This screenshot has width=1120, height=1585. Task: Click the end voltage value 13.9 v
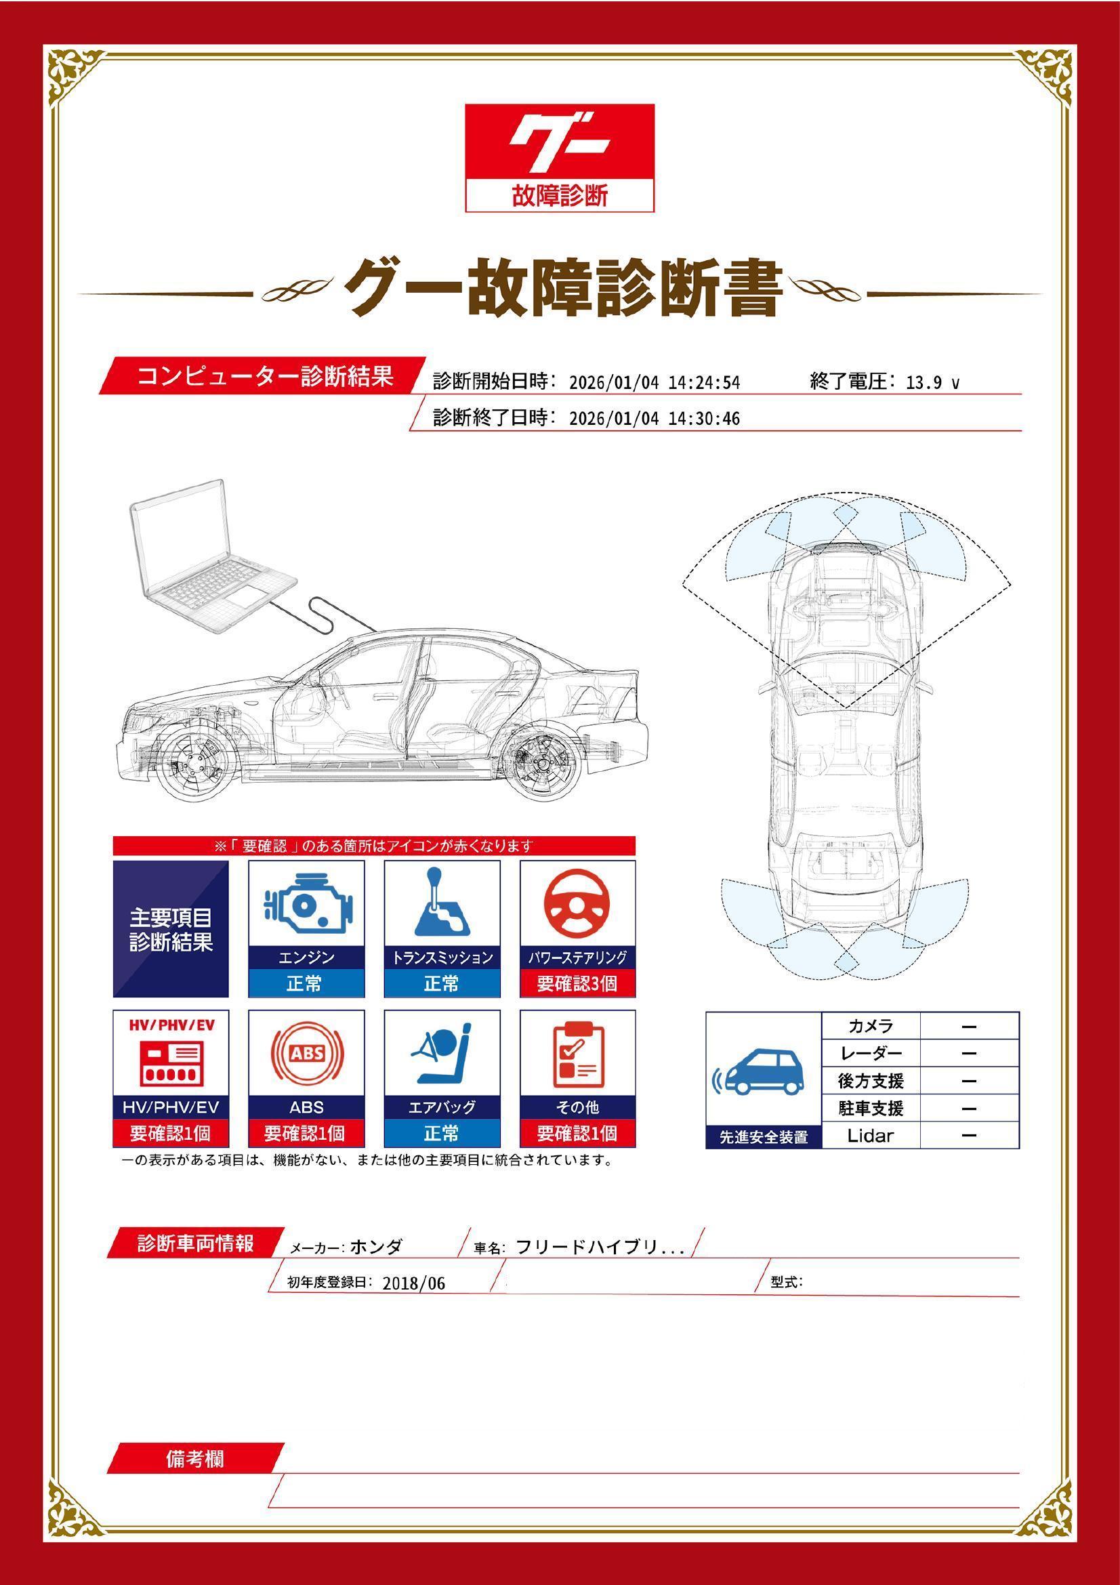tap(932, 383)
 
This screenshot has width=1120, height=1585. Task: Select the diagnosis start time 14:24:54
tap(704, 383)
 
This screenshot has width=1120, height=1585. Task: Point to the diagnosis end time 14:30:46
tap(704, 419)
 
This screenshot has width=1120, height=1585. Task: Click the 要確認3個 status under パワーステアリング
tap(577, 984)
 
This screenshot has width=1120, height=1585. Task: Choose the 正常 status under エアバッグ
tap(442, 1134)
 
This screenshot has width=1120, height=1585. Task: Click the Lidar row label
tap(870, 1136)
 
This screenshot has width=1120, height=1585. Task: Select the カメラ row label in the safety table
tap(870, 1027)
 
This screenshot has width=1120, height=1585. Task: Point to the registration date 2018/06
tap(413, 1284)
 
